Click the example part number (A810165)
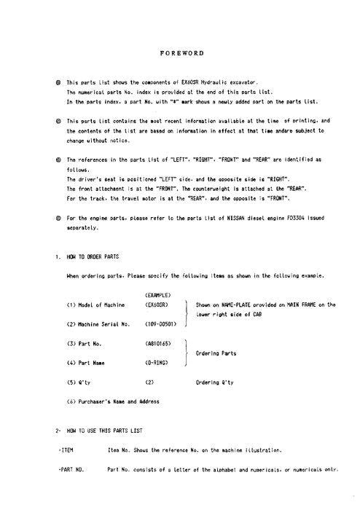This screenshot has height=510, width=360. coord(159,342)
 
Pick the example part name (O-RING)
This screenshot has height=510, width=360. coord(157,361)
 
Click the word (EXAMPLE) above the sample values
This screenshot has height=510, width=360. coord(158,293)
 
